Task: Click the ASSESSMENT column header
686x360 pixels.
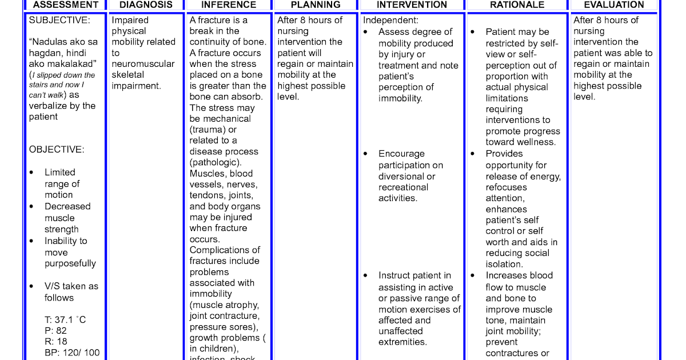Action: click(65, 5)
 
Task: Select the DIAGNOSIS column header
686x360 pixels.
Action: click(145, 5)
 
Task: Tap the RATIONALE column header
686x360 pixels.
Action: click(517, 5)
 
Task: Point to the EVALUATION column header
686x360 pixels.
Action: click(613, 5)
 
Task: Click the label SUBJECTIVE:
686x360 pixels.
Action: click(59, 20)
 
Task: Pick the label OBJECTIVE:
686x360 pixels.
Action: click(57, 150)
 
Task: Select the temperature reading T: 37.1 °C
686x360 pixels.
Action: click(65, 319)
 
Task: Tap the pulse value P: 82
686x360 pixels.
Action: click(55, 331)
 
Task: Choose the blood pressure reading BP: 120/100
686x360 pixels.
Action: click(71, 353)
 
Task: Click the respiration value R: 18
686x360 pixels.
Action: click(55, 342)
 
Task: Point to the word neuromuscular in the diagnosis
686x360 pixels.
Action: click(143, 63)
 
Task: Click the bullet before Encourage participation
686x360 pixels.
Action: click(365, 154)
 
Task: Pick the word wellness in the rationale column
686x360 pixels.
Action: click(537, 142)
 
